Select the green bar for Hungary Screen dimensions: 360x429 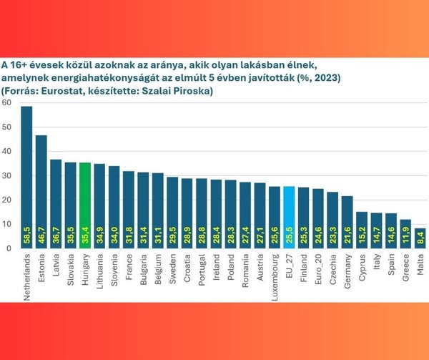pyautogui.click(x=85, y=205)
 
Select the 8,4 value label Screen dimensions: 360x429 pyautogui.click(x=420, y=237)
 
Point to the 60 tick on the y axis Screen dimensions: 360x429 pyautogui.click(x=6, y=102)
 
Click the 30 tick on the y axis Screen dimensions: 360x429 pyautogui.click(x=6, y=175)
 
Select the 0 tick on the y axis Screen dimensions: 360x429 pyautogui.click(x=9, y=248)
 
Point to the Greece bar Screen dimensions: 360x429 pyautogui.click(x=405, y=233)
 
